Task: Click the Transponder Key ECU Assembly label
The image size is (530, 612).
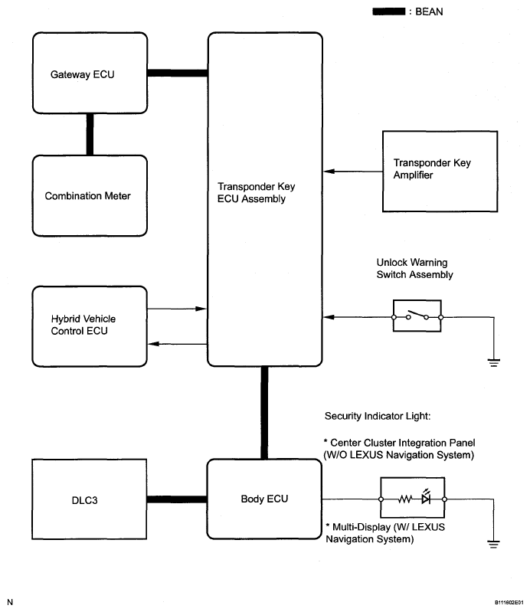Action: (x=256, y=192)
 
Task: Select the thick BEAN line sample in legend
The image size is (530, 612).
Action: (x=389, y=11)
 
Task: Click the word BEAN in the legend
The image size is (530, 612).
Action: (x=429, y=11)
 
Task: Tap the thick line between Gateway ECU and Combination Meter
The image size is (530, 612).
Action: (x=90, y=135)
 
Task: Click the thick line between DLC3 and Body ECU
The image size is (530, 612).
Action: (x=177, y=499)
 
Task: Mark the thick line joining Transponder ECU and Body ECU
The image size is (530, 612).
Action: (x=264, y=413)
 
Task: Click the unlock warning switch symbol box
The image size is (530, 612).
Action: (x=417, y=316)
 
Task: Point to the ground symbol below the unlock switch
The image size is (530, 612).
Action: (x=494, y=362)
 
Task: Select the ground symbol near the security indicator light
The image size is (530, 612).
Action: (x=493, y=544)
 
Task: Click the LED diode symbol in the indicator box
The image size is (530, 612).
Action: (x=426, y=497)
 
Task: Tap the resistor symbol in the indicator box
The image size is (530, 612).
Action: (x=405, y=499)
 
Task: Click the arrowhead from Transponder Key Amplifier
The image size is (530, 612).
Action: (x=329, y=172)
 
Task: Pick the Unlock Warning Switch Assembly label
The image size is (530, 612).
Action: (x=414, y=269)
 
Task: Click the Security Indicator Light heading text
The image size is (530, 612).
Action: (x=378, y=416)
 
